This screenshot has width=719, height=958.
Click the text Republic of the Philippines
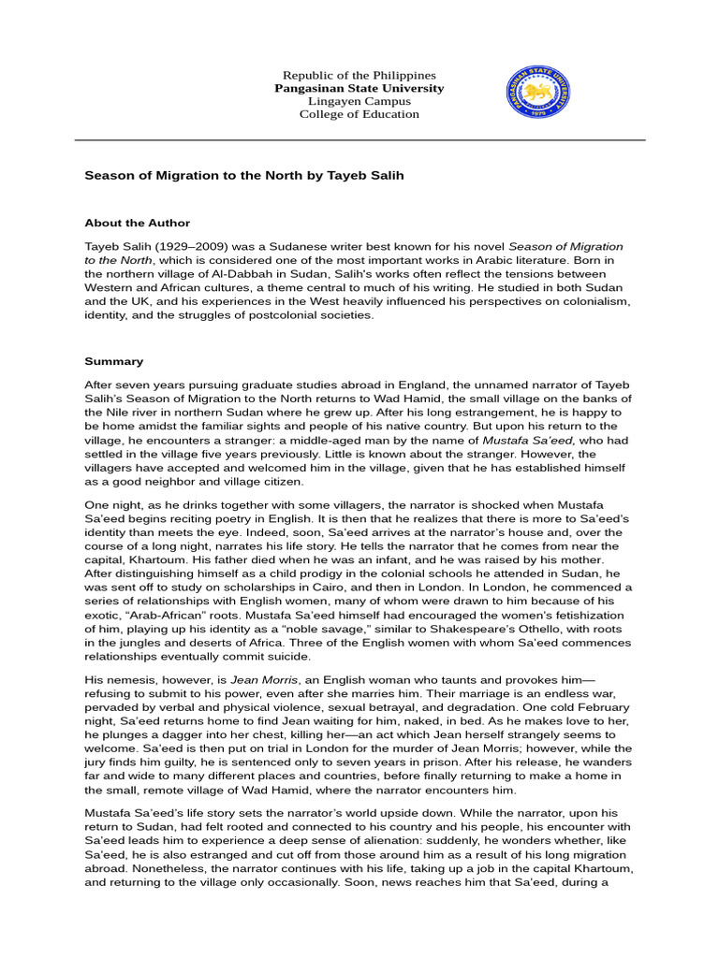point(359,75)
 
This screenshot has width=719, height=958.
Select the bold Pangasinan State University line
point(359,88)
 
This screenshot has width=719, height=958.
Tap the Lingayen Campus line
point(359,101)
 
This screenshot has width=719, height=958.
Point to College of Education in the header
point(359,114)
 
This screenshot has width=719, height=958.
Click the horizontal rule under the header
point(359,140)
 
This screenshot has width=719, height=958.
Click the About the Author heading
point(138,224)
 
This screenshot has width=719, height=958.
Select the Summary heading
point(114,360)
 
